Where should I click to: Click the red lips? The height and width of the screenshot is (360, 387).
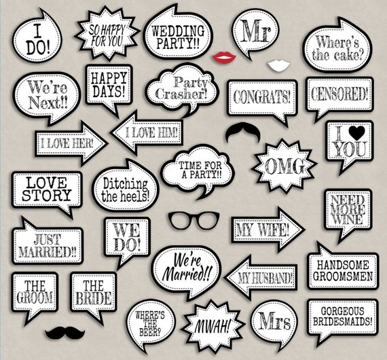click(x=224, y=58)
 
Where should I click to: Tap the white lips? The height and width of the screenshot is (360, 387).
click(x=278, y=65)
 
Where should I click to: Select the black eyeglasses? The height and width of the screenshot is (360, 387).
click(x=193, y=220)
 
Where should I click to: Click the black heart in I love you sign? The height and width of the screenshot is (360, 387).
click(x=356, y=133)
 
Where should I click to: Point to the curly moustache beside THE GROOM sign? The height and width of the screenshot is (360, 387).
click(x=65, y=332)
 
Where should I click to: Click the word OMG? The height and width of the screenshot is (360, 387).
click(x=285, y=166)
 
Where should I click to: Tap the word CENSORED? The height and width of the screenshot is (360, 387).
click(x=340, y=94)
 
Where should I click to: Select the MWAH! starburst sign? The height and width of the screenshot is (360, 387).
click(x=213, y=326)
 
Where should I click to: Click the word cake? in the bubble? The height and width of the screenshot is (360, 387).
click(x=348, y=55)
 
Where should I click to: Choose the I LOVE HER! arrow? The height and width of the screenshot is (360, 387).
click(x=71, y=143)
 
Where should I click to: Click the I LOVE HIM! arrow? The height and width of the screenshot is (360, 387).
click(x=147, y=132)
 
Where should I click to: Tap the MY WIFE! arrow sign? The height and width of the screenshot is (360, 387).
click(x=268, y=230)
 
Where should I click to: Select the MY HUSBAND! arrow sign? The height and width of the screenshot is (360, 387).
click(x=261, y=278)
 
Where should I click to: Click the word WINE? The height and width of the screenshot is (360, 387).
click(x=348, y=219)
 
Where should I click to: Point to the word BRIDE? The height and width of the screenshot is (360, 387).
click(x=93, y=298)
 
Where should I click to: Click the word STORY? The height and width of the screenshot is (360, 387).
click(x=47, y=195)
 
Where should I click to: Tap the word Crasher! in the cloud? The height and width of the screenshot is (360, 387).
click(x=181, y=94)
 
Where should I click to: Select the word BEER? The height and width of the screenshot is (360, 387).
click(x=150, y=332)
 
